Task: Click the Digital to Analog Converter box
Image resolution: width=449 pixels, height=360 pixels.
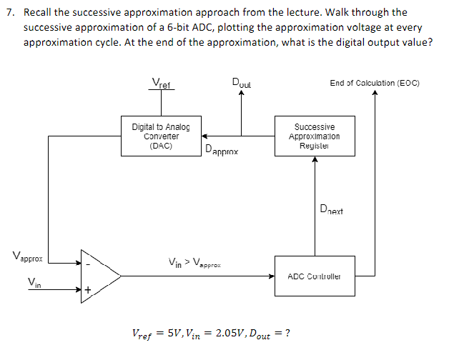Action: click(x=160, y=136)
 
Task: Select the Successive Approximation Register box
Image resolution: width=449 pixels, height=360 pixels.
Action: click(x=314, y=136)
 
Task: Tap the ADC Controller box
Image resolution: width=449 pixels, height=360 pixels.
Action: click(x=314, y=275)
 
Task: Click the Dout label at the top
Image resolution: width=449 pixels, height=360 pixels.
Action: click(x=241, y=83)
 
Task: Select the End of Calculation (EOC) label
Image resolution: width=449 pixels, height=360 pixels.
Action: click(x=374, y=83)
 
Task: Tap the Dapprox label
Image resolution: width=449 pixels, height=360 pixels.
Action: click(x=221, y=151)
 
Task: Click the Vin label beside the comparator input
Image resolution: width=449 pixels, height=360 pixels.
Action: click(x=34, y=283)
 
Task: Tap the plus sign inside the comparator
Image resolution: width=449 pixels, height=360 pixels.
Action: click(x=88, y=290)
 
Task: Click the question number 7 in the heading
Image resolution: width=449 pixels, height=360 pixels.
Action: click(x=8, y=12)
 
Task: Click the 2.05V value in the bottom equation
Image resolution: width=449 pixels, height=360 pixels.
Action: click(x=232, y=334)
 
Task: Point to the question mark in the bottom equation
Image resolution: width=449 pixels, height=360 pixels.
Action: click(x=287, y=334)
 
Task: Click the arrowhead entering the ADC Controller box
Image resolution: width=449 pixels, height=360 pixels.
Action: click(x=271, y=275)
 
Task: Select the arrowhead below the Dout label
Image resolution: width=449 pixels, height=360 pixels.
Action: click(x=241, y=99)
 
